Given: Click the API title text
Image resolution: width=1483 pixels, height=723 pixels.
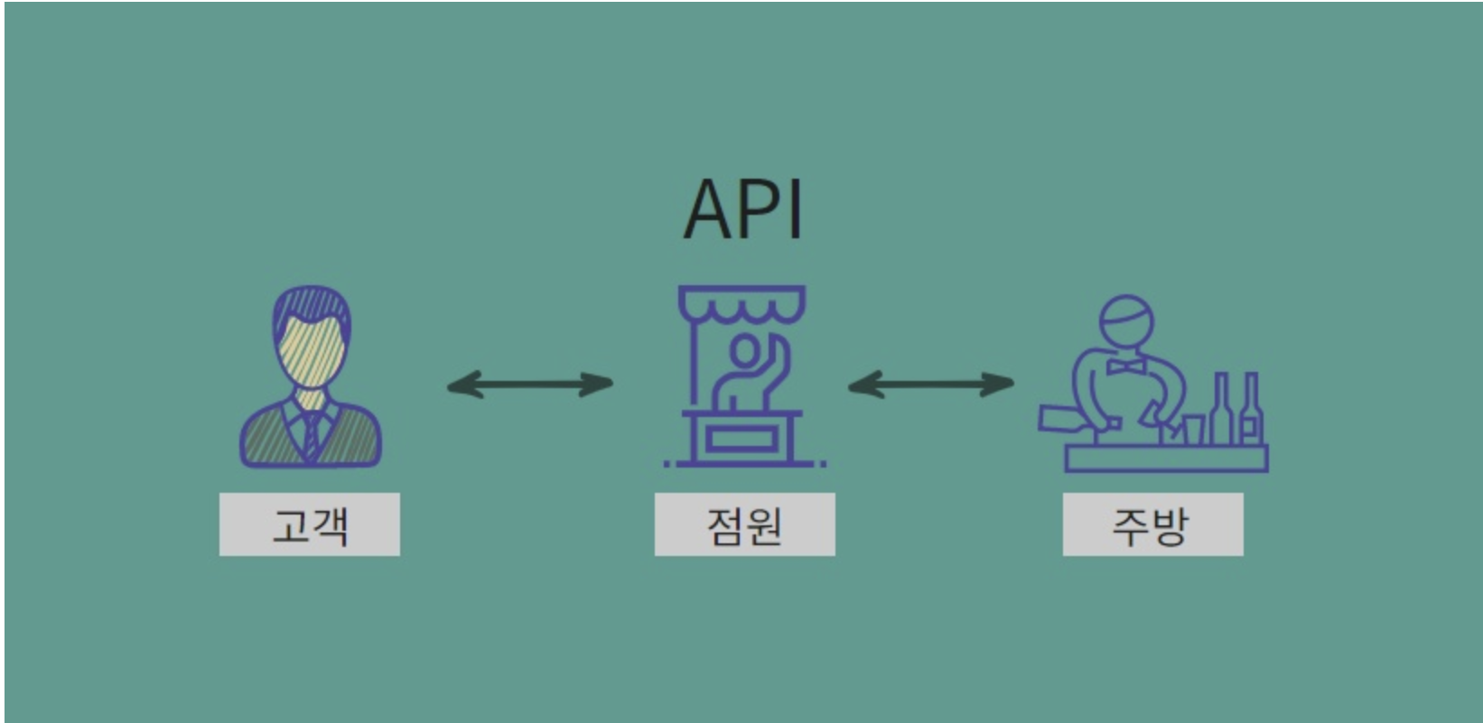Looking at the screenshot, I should pyautogui.click(x=743, y=209).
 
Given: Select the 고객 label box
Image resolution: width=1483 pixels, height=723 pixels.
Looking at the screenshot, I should pyautogui.click(x=309, y=524).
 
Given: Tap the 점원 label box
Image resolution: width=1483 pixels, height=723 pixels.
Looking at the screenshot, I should pyautogui.click(x=744, y=524).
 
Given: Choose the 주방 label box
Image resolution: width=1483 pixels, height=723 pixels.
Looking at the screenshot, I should pyautogui.click(x=1152, y=524).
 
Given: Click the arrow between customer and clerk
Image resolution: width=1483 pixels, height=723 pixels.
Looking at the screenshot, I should pyautogui.click(x=530, y=385).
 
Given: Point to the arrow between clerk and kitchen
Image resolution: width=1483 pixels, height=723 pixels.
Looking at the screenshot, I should pyautogui.click(x=930, y=385).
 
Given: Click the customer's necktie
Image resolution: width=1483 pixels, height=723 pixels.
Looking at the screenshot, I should pyautogui.click(x=311, y=432).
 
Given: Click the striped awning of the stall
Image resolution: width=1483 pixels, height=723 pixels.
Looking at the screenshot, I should pyautogui.click(x=742, y=302).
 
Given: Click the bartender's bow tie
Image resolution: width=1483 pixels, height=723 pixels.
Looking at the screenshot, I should pyautogui.click(x=1125, y=366).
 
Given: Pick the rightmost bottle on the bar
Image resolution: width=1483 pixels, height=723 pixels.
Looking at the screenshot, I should pyautogui.click(x=1251, y=411).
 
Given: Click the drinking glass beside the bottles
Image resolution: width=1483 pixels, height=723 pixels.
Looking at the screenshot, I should pyautogui.click(x=1193, y=429).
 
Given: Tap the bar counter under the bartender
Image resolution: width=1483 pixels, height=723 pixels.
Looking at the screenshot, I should pyautogui.click(x=1166, y=459).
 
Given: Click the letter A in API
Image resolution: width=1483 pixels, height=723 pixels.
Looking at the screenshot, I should pyautogui.click(x=711, y=209).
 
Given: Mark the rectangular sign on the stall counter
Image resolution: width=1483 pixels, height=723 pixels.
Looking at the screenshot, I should pyautogui.click(x=741, y=440).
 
